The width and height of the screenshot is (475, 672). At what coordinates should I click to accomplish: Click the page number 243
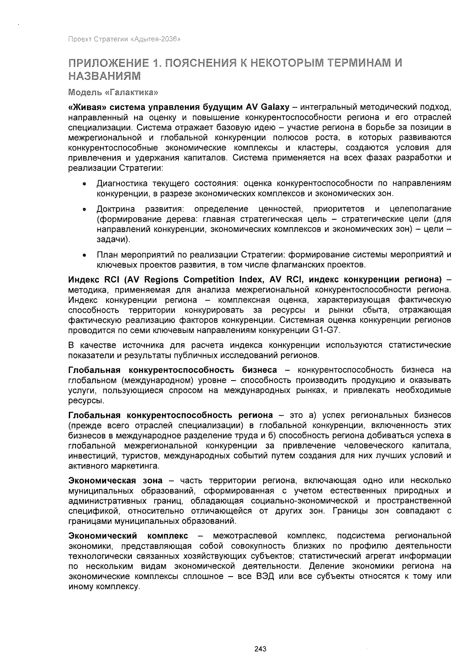coord(260,649)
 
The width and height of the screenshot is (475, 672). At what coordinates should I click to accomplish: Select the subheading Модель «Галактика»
coord(112,93)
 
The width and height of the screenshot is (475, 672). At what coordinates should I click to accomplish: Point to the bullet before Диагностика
coord(84,184)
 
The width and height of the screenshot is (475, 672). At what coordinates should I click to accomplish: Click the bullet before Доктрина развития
coord(84,209)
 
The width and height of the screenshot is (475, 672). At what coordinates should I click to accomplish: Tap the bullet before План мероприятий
coord(84,255)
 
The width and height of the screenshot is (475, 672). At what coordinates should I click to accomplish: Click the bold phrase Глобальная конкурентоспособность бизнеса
coord(173,370)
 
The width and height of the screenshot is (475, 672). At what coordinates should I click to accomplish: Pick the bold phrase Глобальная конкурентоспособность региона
coord(171,415)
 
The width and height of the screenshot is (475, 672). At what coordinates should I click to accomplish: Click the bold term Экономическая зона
coord(115,480)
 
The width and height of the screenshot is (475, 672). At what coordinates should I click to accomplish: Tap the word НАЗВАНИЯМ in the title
coord(104,75)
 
